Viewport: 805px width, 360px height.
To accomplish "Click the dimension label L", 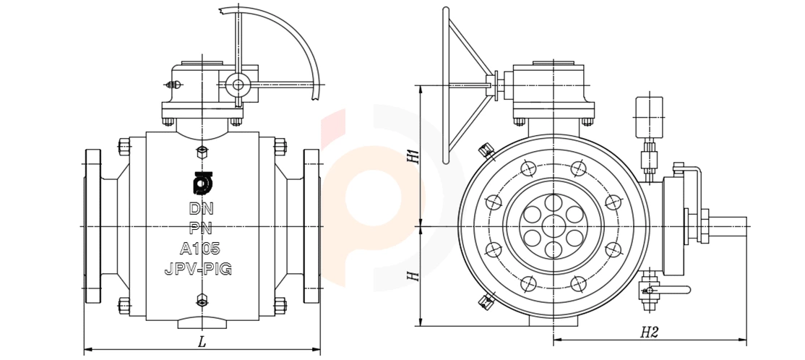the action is (x=202, y=341).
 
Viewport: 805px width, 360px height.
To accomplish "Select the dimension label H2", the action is (x=649, y=332).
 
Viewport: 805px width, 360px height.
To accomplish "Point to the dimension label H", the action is (x=413, y=276).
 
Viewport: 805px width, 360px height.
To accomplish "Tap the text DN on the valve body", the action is (x=201, y=209).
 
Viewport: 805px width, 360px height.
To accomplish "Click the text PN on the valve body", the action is (x=201, y=228).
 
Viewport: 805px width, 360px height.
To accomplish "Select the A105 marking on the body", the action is (x=200, y=249).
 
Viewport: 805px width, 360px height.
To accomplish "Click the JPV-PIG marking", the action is (x=198, y=269).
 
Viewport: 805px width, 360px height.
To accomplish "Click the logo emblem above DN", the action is (x=201, y=182).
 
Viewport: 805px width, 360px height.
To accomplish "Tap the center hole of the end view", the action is (x=553, y=226).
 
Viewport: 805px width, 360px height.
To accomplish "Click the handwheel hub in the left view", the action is (x=237, y=85).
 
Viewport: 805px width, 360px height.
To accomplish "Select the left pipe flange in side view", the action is (x=93, y=226).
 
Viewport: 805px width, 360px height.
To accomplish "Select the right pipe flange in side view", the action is (x=311, y=226).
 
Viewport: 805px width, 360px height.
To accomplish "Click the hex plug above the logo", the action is (x=202, y=153).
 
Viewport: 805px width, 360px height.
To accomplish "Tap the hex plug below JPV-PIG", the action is (x=202, y=299).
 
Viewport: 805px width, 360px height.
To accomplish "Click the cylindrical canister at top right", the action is (x=650, y=117).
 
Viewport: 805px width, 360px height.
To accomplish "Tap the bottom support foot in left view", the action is (x=202, y=324).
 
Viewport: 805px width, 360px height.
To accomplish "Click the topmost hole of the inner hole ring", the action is (x=553, y=202).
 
